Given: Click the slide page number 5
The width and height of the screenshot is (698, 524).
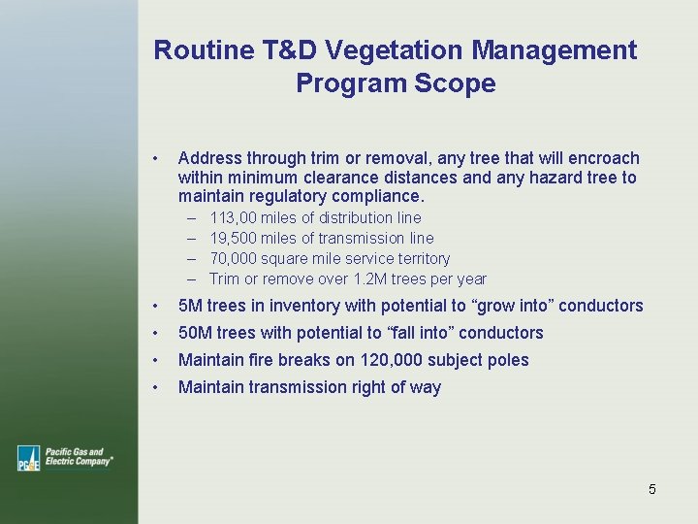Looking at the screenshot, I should click(x=652, y=489).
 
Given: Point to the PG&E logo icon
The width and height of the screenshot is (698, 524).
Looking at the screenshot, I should click(x=28, y=458).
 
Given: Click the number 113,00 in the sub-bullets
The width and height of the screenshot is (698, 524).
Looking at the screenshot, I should click(x=233, y=218).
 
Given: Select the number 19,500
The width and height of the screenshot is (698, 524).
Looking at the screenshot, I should click(x=233, y=239).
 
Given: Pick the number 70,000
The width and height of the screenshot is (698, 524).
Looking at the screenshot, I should click(x=233, y=259).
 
